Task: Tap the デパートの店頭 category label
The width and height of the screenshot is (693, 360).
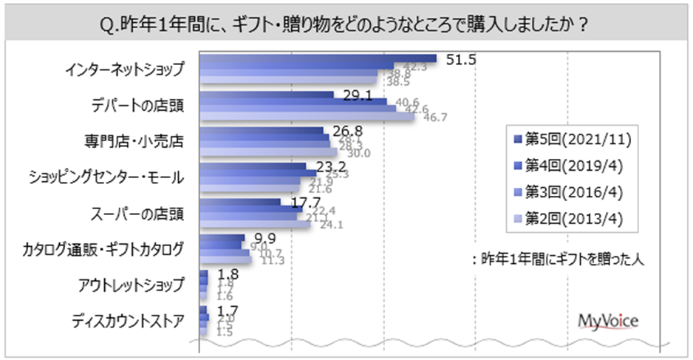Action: [136, 106]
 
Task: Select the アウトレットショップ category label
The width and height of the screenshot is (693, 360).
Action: [126, 285]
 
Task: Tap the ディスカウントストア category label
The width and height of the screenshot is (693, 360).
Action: [127, 321]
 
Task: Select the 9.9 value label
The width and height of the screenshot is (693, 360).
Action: [258, 237]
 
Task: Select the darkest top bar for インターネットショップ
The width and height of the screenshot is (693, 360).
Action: [318, 58]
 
